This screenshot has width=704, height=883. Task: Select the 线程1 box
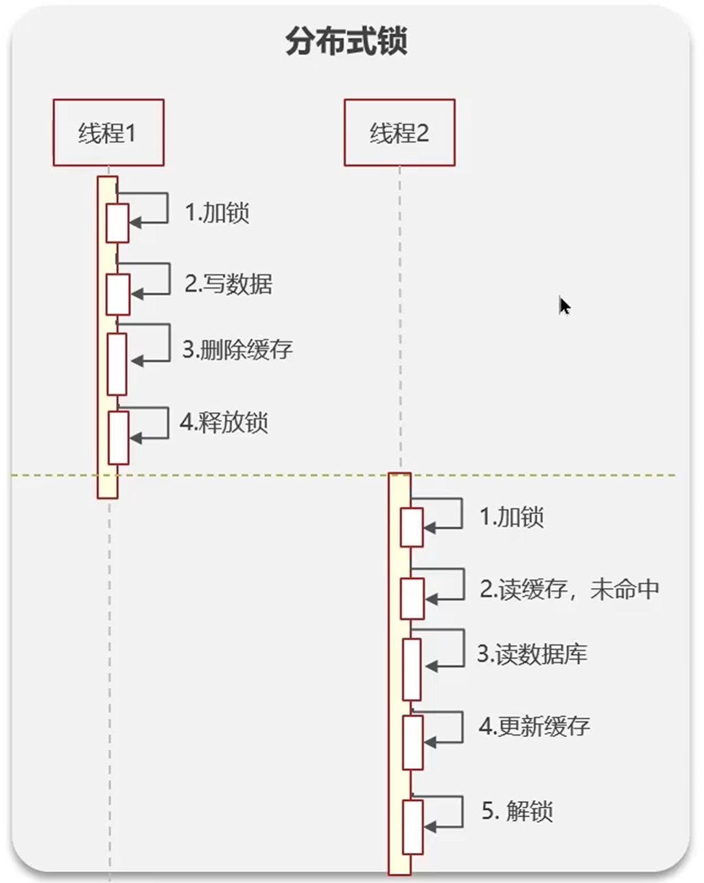pyautogui.click(x=108, y=132)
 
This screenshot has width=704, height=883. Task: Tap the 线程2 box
pyautogui.click(x=399, y=132)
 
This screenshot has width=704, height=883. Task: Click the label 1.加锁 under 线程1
pyautogui.click(x=217, y=213)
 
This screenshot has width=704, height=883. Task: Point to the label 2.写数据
pyautogui.click(x=228, y=283)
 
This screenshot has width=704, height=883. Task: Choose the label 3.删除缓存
pyautogui.click(x=237, y=350)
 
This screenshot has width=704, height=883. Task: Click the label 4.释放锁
pyautogui.click(x=224, y=422)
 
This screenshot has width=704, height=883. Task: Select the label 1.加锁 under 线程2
pyautogui.click(x=511, y=517)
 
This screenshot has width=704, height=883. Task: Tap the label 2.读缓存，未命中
pyautogui.click(x=569, y=589)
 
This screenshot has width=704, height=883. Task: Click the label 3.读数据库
pyautogui.click(x=532, y=655)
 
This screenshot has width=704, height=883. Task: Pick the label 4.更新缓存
pyautogui.click(x=535, y=726)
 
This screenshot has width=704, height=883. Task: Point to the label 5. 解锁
pyautogui.click(x=517, y=811)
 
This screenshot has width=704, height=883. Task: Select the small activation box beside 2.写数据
pyautogui.click(x=118, y=294)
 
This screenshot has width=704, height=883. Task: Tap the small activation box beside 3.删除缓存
pyautogui.click(x=117, y=364)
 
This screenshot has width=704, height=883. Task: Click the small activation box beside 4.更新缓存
pyautogui.click(x=412, y=742)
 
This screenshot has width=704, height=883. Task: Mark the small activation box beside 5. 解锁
pyautogui.click(x=412, y=827)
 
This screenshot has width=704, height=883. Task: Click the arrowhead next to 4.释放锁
pyautogui.click(x=135, y=438)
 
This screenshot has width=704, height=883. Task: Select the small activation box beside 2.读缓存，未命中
pyautogui.click(x=412, y=598)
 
